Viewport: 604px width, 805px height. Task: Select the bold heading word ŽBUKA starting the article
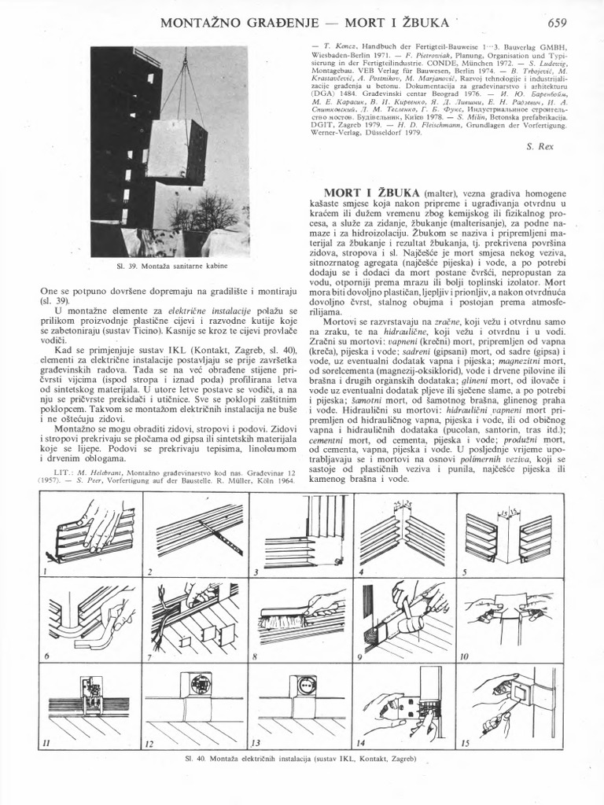click(396, 193)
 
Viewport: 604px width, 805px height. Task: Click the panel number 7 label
click(149, 656)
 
